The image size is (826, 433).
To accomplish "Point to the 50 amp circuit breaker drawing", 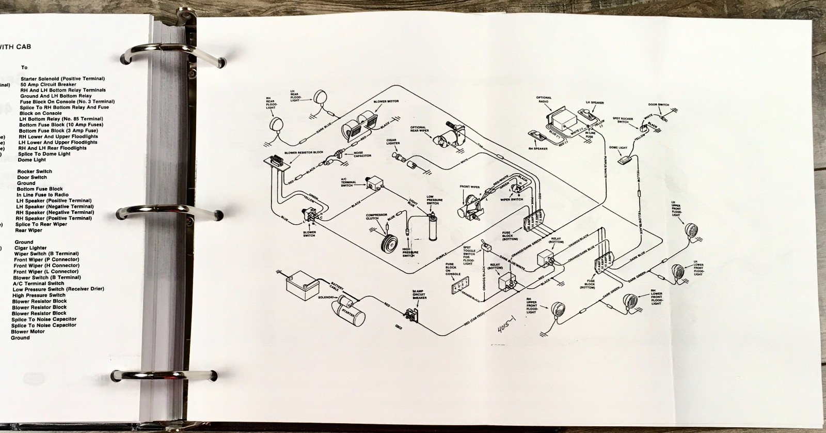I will point(411,314).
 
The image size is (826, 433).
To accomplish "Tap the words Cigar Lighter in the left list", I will point(30,248).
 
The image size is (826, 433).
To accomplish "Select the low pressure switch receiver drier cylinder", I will point(433,231).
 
